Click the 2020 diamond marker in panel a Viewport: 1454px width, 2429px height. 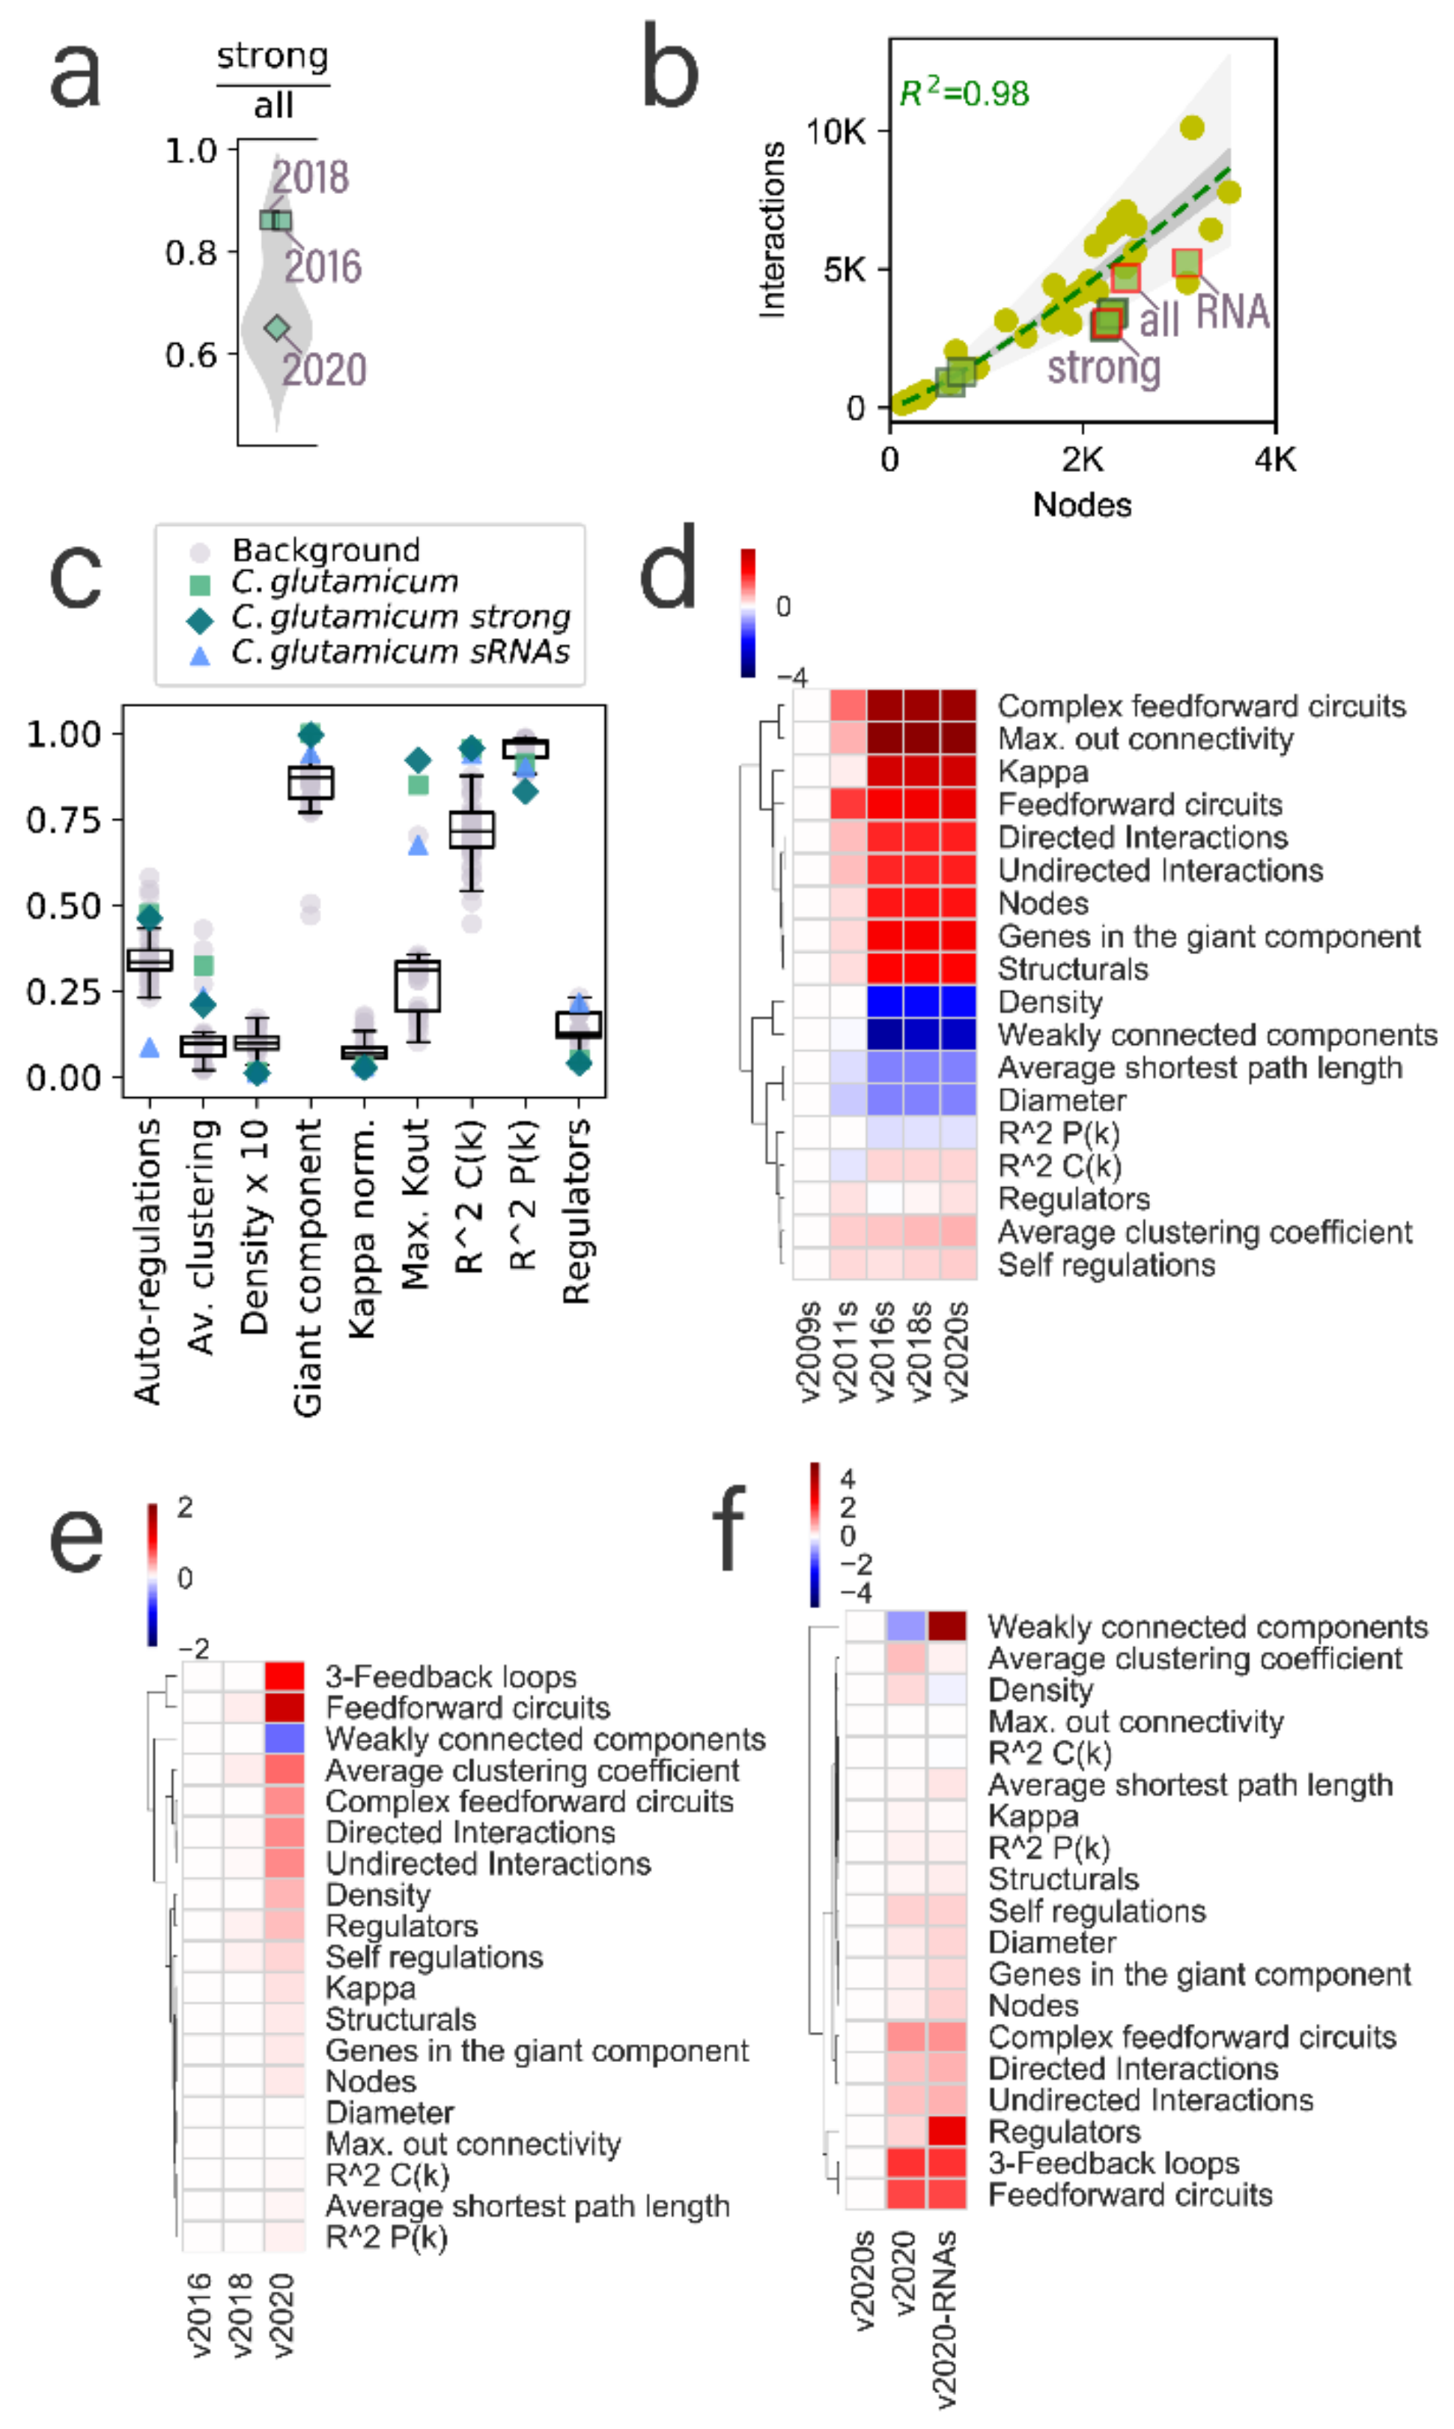(277, 327)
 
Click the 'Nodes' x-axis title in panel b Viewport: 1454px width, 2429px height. (1082, 505)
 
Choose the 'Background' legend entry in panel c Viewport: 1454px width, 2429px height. (325, 550)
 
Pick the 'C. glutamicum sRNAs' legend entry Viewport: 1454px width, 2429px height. (400, 652)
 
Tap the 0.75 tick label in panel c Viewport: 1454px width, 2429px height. (64, 819)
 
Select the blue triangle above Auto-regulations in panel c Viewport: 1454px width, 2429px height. (150, 1047)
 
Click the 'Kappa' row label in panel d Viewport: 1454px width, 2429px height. (1042, 772)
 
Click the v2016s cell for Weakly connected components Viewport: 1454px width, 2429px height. (885, 1034)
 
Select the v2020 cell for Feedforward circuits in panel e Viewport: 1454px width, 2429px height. (285, 1708)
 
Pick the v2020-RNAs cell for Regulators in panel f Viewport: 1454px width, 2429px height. (946, 2131)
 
